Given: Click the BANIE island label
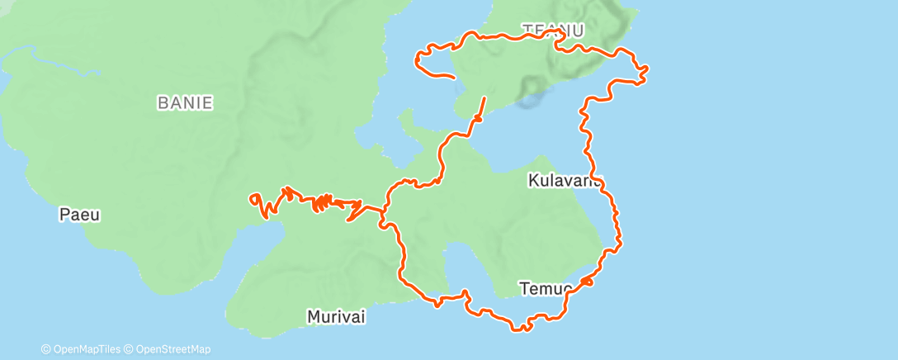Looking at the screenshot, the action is click(x=185, y=103).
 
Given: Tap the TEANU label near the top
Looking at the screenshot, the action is click(x=553, y=31).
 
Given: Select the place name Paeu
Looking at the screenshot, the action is click(x=79, y=215).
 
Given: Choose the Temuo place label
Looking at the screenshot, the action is click(x=546, y=288).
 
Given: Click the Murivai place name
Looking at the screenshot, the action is click(x=336, y=316).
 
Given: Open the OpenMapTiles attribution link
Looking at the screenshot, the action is click(x=85, y=349).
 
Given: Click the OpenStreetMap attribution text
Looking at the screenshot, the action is click(x=173, y=349).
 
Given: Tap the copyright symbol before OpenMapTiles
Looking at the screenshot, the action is click(x=45, y=349).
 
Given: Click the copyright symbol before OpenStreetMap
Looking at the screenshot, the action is click(x=129, y=349).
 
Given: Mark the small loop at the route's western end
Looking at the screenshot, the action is click(x=257, y=199).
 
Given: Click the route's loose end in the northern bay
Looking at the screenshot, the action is click(x=454, y=77).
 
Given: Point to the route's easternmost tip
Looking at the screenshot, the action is click(x=646, y=68).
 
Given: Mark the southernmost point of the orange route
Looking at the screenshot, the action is click(x=521, y=329).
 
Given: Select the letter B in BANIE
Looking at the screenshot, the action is click(x=162, y=103).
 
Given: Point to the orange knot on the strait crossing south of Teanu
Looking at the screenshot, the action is click(x=476, y=121).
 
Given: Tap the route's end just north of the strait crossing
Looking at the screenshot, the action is click(x=484, y=98).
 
